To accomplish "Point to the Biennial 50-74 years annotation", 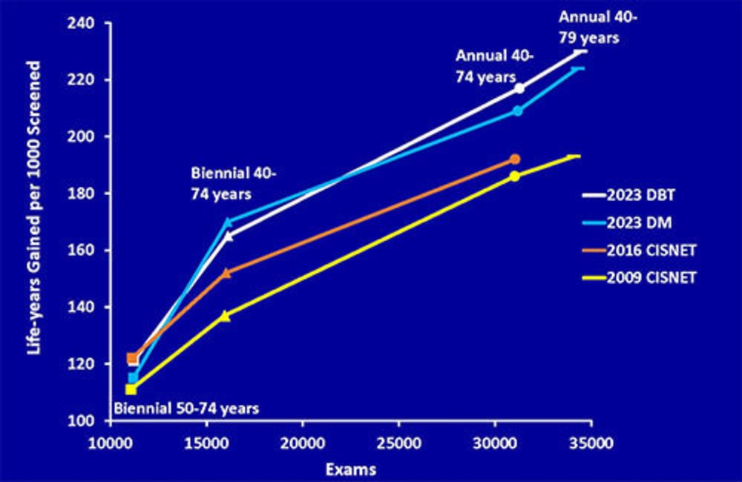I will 185,408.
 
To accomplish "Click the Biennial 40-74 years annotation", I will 233,183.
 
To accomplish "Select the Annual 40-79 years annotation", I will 589,27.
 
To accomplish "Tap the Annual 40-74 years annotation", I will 486,65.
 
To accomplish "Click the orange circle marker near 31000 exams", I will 515,159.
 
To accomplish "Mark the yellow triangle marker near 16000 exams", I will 226,315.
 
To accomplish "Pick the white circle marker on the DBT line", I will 519,88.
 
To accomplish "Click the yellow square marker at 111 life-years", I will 131,389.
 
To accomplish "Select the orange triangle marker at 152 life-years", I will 226,273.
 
